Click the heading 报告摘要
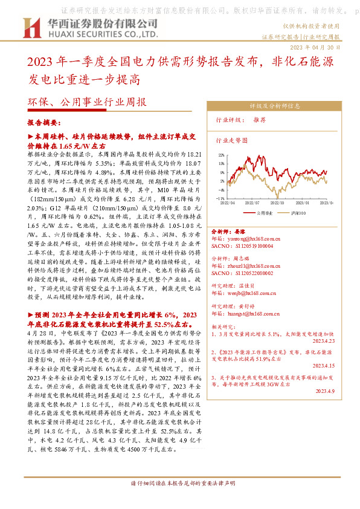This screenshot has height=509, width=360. click(x=47, y=121)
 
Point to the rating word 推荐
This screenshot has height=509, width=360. click(x=260, y=121)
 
